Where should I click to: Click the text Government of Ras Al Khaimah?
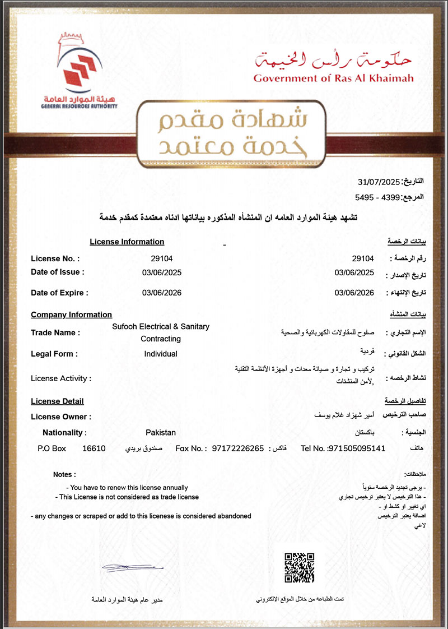tap(333, 78)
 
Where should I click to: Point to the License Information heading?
tap(127, 242)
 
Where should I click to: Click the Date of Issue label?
tap(58, 272)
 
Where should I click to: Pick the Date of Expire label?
tap(59, 292)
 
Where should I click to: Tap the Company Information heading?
tap(71, 314)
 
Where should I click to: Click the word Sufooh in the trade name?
tap(127, 326)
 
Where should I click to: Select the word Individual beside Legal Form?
tap(161, 354)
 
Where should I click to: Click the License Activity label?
tap(60, 378)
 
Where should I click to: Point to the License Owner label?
tap(61, 417)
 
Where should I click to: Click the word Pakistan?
tap(161, 432)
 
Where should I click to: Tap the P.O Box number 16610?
tap(94, 448)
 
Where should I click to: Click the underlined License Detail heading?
tap(57, 401)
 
